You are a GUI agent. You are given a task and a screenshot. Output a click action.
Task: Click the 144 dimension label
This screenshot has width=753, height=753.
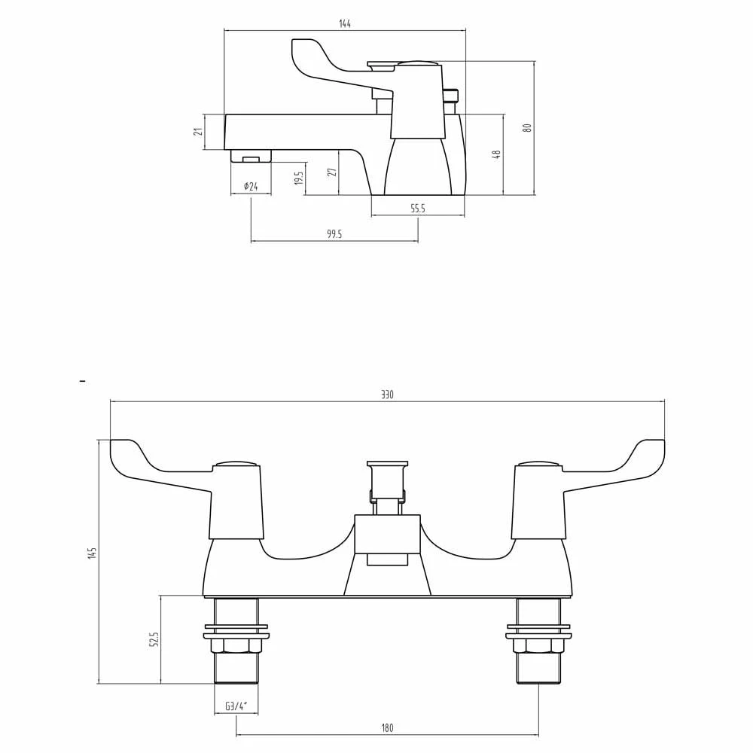345,24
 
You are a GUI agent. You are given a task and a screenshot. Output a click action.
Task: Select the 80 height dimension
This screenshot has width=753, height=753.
528,128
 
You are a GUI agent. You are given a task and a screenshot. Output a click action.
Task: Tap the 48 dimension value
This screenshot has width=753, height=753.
496,154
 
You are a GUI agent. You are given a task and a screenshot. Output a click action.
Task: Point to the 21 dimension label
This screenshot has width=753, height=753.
198,132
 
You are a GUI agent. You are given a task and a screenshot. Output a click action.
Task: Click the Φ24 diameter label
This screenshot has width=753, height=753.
251,187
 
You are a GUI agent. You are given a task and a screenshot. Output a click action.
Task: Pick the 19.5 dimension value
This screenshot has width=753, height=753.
299,179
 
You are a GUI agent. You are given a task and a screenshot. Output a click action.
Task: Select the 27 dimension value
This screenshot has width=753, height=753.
332,172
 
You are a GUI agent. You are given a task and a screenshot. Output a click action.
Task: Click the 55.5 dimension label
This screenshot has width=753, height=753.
418,209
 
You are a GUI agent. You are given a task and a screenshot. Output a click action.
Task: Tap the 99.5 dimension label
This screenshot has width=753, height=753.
334,234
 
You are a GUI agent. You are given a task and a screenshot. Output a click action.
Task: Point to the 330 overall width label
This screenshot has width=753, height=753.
387,395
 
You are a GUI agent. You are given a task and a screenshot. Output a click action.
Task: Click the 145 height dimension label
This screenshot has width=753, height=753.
93,553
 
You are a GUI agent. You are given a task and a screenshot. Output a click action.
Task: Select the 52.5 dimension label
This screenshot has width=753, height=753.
154,639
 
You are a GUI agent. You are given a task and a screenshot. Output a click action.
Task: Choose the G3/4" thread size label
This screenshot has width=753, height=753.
236,706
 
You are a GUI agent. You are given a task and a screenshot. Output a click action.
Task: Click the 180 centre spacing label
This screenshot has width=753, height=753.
387,728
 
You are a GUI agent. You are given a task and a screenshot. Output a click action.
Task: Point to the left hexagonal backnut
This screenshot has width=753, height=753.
236,645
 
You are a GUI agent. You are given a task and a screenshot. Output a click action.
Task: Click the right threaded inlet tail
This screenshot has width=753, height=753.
538,668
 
